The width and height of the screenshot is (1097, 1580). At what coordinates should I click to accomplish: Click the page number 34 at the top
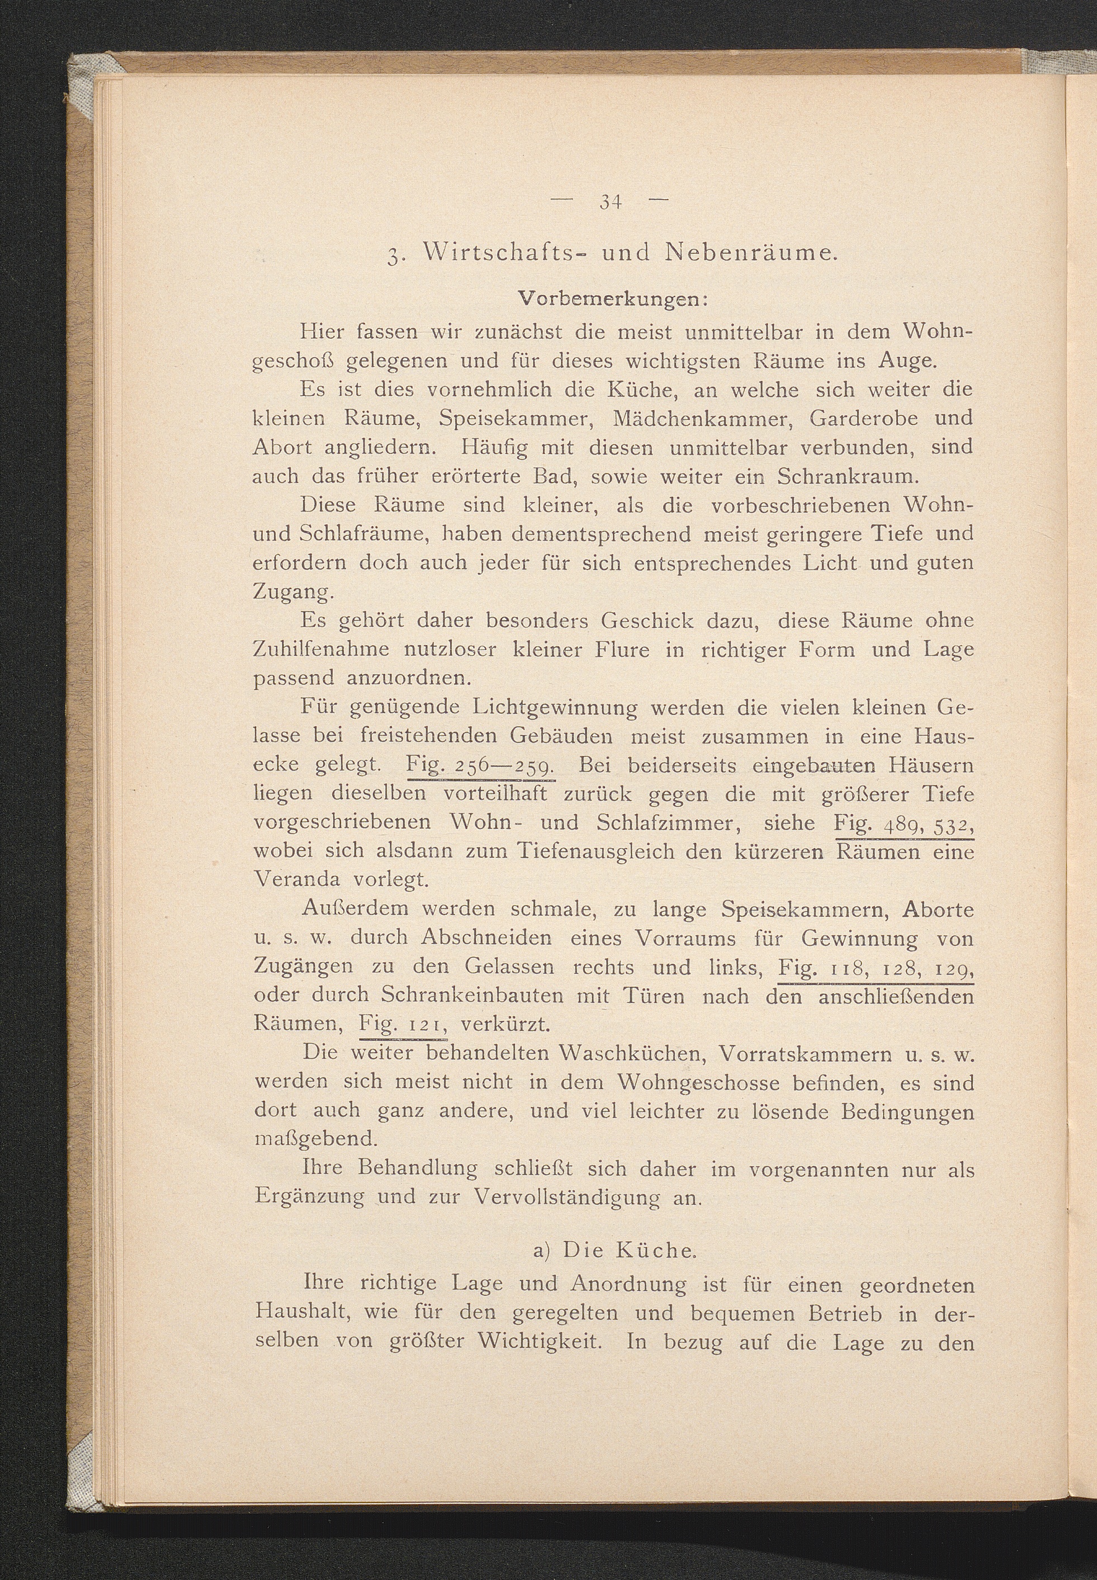(x=611, y=202)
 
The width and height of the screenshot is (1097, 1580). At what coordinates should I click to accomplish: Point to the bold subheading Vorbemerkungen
(x=614, y=300)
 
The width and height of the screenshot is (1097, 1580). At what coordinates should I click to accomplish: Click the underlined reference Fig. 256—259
(x=480, y=765)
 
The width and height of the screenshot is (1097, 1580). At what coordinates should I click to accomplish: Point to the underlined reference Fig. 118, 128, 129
(x=876, y=968)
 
